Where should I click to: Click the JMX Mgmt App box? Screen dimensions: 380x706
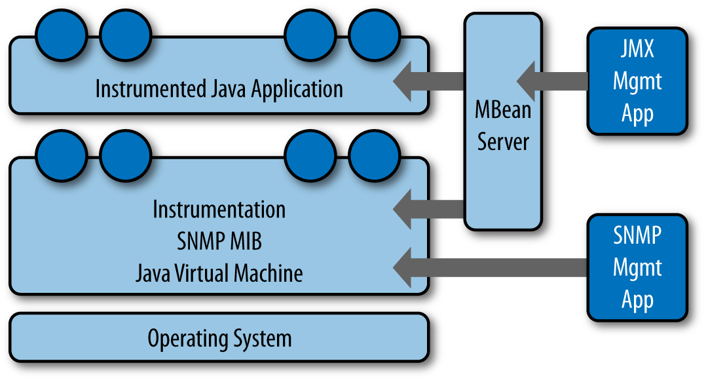(x=637, y=81)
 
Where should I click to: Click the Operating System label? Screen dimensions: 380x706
(x=219, y=339)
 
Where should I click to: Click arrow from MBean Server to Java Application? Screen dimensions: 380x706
(x=429, y=81)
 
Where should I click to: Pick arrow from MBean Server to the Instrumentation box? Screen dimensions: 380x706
(x=429, y=209)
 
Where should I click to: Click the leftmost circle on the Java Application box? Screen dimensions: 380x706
(x=61, y=34)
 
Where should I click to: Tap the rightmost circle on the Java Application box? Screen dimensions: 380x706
(x=374, y=34)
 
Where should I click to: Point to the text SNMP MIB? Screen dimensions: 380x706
(x=219, y=241)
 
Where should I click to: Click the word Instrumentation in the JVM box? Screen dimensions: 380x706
(x=219, y=210)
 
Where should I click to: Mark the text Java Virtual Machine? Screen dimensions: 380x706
(x=219, y=273)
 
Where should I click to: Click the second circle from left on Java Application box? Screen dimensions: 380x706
(x=126, y=34)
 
